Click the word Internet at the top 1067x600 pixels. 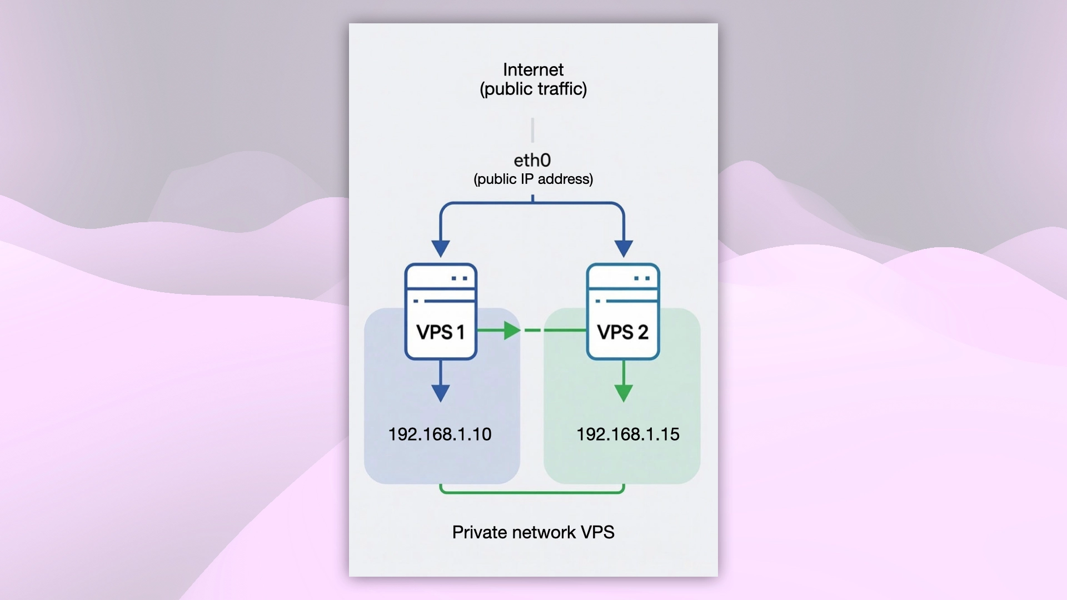(x=533, y=69)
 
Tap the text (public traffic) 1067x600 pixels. (x=533, y=89)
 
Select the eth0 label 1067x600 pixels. (x=532, y=160)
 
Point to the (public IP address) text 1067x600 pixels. (x=533, y=179)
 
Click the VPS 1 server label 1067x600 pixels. (x=440, y=332)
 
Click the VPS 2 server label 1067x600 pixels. (x=622, y=332)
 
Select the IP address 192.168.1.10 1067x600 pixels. (x=440, y=434)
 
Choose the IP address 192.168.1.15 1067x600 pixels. (x=627, y=434)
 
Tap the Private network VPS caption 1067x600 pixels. (x=533, y=532)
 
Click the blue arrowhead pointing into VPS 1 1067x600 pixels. (x=441, y=248)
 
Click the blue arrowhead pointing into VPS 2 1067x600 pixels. (x=624, y=248)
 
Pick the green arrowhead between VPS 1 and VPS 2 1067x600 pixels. (x=511, y=331)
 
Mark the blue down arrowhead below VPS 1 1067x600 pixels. (x=441, y=393)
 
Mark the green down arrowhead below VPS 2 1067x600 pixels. (x=624, y=393)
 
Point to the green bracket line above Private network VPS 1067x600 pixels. (x=532, y=492)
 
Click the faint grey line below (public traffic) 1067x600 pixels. (x=532, y=130)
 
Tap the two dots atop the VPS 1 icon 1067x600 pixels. (x=460, y=278)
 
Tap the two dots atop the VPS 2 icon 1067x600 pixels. (x=642, y=278)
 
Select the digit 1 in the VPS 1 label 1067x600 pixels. (x=460, y=332)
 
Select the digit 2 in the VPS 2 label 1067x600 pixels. (x=642, y=332)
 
